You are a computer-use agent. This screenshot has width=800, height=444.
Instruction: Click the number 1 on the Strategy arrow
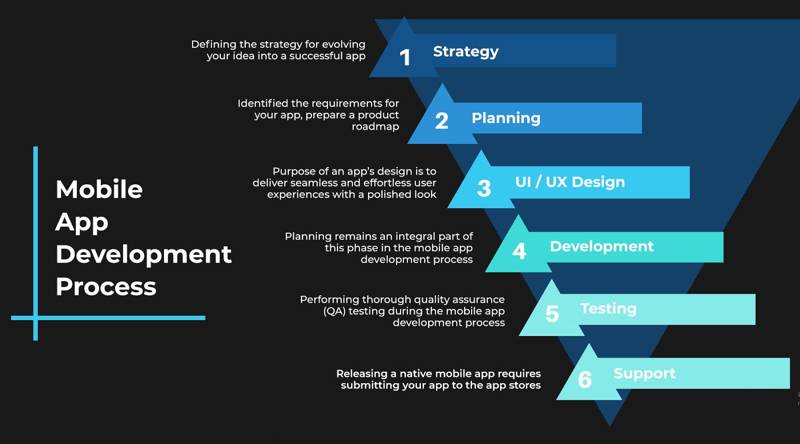pos(405,57)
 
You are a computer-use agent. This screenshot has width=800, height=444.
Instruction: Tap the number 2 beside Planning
pos(441,121)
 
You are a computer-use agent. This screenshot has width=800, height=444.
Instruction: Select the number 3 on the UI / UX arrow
pos(484,188)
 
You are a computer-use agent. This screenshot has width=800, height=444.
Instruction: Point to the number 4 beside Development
pos(519,251)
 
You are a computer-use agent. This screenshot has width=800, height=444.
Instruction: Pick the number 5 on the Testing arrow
pos(552,314)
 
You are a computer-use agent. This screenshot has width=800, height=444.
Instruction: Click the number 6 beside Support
pos(584,380)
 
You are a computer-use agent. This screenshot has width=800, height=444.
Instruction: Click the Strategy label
pos(465,51)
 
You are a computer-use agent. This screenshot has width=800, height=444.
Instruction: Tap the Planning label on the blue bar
pos(505,118)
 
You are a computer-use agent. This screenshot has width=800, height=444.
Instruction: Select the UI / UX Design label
pos(570,182)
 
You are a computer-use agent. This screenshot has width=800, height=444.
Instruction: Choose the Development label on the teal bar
pos(601,246)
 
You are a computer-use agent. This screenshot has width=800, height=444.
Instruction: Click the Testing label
pos(608,309)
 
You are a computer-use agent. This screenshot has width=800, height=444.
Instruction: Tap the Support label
pos(644,374)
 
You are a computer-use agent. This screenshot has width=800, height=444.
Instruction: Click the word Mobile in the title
pos(99,190)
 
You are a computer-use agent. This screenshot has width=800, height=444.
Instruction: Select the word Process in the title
pos(106,287)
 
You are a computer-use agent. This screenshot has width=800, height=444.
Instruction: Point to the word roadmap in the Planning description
pos(375,127)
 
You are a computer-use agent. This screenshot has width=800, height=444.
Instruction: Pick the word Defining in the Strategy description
pos(213,44)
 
